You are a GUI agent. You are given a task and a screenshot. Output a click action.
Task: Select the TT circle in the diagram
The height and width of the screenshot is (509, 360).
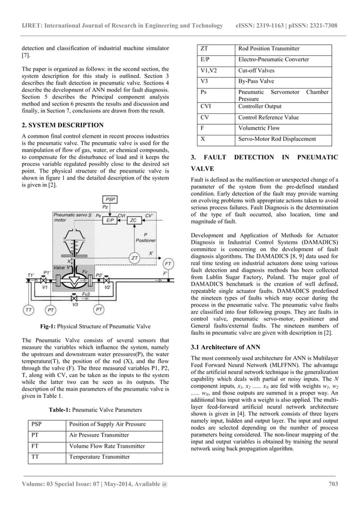tap(28, 309)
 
